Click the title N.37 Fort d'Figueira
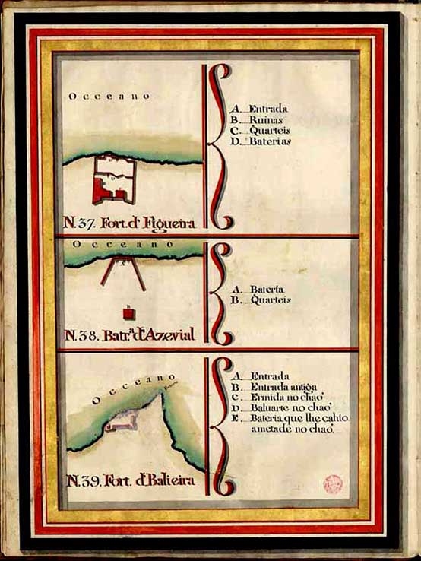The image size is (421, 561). (x=131, y=223)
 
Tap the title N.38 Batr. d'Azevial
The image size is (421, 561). (x=130, y=335)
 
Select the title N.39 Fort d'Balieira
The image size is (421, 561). (x=131, y=480)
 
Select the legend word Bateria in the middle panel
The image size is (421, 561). (x=266, y=290)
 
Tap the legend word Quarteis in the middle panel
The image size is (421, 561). (x=270, y=300)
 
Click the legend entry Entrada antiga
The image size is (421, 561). (x=280, y=386)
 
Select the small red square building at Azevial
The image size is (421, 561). (x=128, y=312)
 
